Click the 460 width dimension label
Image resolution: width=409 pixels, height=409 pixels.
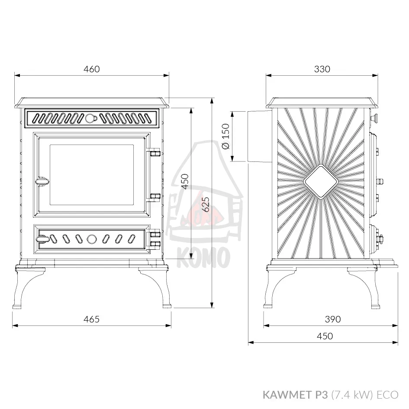point(92,69)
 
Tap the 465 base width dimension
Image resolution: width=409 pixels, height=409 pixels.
point(92,319)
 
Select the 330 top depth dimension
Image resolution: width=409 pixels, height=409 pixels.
point(322,69)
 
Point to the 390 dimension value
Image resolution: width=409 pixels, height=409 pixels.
point(333,319)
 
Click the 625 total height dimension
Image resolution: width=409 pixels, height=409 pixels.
point(206,204)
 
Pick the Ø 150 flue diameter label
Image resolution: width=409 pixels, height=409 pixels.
point(226,136)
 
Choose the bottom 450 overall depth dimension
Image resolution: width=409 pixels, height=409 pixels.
point(325,336)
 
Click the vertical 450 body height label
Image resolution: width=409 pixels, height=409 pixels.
point(185,181)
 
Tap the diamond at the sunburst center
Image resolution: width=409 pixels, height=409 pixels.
point(321,181)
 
